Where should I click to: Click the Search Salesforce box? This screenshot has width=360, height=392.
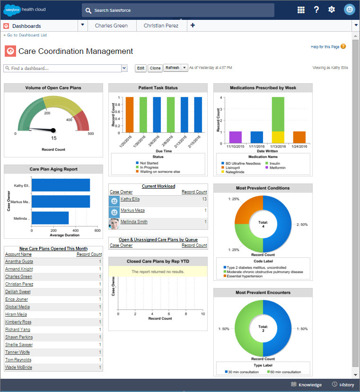point(177,10)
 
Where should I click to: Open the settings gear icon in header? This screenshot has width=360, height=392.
point(331,10)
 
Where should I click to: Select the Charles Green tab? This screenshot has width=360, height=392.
point(111,26)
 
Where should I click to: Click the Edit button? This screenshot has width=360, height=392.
point(140,68)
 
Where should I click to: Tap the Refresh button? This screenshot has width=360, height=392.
point(172,68)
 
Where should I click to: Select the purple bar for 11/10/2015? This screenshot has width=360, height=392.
point(235,137)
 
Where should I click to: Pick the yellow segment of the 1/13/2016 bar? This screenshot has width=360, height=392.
point(278,137)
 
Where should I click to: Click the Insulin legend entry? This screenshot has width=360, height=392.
point(275,163)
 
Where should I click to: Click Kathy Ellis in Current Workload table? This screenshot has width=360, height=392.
point(130,199)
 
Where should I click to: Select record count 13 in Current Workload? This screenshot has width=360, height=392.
point(204,199)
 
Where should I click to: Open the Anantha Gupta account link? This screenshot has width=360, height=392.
point(19,261)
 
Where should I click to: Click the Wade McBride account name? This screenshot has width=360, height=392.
point(18,367)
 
